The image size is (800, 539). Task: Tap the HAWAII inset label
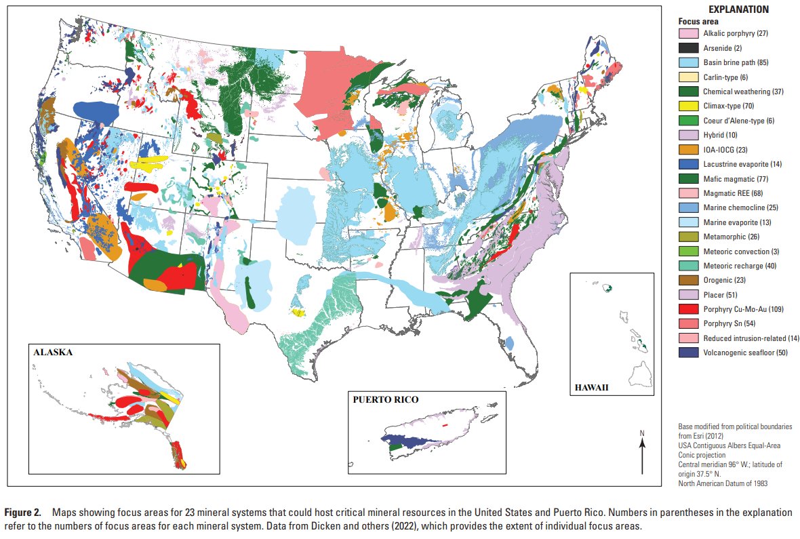[x=592, y=388]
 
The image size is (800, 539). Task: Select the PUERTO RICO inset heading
[x=383, y=399]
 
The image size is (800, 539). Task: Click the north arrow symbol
[x=642, y=451]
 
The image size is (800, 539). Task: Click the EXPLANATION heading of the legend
[x=738, y=9]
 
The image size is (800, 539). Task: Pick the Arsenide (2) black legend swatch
[x=688, y=47]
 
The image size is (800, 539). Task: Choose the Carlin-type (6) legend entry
[x=725, y=77]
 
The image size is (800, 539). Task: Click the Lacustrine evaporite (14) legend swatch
[x=688, y=163]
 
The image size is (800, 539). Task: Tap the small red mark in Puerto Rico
[x=445, y=425]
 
